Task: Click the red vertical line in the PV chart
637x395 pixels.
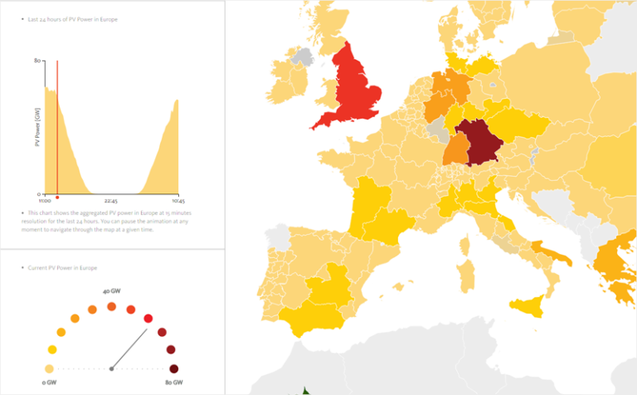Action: (57, 124)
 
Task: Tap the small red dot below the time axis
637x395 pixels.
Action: (57, 197)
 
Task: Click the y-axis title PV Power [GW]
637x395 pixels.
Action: (37, 126)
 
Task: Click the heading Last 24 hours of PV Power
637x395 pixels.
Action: (67, 17)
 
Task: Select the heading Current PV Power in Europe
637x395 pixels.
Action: (63, 268)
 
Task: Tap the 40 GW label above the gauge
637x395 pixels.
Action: (111, 292)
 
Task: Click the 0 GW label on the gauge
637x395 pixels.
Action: (49, 381)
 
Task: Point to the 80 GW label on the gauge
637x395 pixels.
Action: (173, 381)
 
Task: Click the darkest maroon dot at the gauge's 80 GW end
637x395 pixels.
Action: (173, 368)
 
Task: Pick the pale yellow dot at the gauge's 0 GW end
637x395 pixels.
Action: (49, 368)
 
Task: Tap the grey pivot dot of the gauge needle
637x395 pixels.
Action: (111, 368)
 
